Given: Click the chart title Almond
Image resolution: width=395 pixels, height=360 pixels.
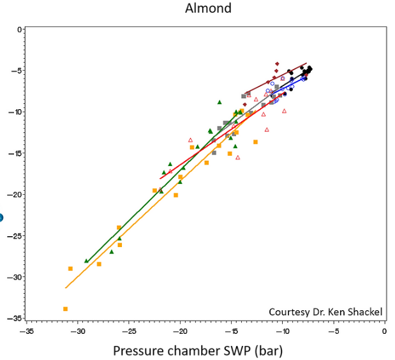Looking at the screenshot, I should [x=208, y=9].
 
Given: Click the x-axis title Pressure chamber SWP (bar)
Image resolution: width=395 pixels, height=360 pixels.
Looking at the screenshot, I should [x=198, y=351].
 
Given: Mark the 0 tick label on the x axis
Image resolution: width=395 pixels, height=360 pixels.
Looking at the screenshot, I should [x=384, y=333].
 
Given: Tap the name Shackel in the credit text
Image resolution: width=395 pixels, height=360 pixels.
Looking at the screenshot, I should [x=364, y=312].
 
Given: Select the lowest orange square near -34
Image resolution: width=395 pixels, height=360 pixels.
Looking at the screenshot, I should [x=66, y=309].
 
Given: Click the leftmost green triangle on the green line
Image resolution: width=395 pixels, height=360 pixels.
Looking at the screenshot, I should [x=87, y=260].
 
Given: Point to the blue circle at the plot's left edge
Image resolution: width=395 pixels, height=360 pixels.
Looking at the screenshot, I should [x=1, y=218].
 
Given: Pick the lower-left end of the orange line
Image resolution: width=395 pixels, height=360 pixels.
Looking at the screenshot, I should [x=66, y=288].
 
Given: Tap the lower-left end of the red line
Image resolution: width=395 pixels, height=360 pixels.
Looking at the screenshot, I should [x=160, y=179].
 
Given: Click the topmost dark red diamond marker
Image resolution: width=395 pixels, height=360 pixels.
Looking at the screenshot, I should [x=277, y=64].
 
